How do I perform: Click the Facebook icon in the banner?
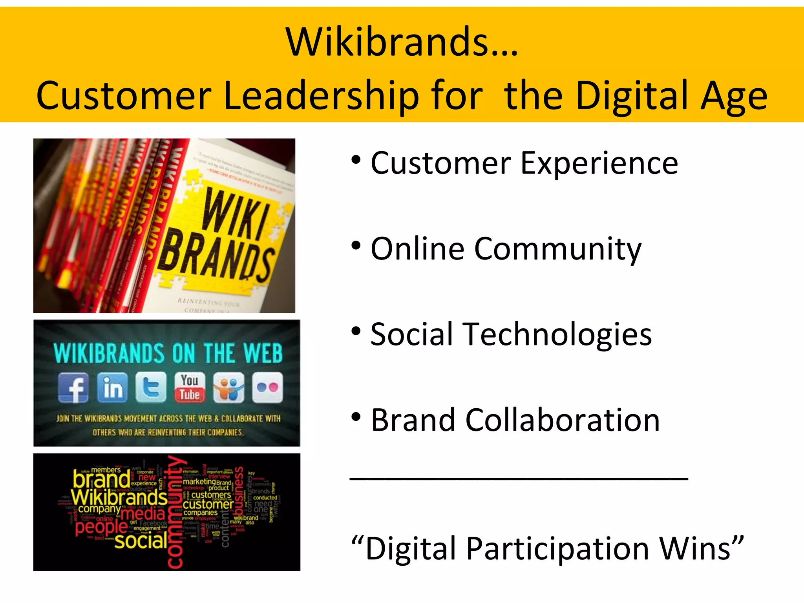73,388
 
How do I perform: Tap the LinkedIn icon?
112,388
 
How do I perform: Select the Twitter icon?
151,388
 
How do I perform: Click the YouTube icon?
190,388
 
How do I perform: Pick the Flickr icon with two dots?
267,388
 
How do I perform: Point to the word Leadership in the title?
321,95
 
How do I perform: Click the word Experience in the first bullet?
599,163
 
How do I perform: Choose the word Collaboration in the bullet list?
563,420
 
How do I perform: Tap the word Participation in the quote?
558,549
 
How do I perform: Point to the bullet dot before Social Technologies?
356,331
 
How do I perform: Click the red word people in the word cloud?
101,527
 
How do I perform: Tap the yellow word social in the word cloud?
141,541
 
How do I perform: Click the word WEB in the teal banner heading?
263,353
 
